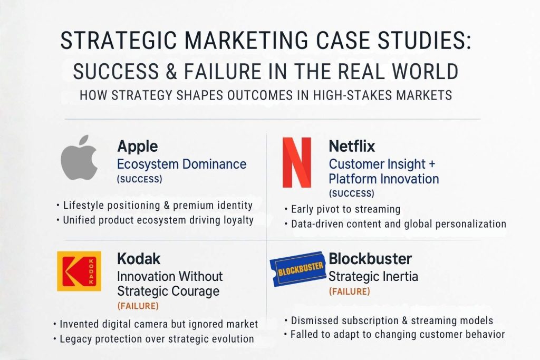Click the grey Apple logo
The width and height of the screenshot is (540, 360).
tap(79, 158)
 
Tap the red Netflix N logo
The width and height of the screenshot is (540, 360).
tap(296, 162)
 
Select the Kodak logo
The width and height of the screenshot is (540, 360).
tap(79, 271)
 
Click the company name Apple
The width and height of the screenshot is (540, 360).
tap(137, 145)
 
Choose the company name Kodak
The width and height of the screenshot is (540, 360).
tap(139, 259)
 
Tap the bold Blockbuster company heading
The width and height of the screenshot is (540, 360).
tap(370, 259)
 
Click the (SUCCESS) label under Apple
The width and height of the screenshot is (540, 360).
tap(139, 179)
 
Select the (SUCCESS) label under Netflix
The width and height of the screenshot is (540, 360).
tap(351, 193)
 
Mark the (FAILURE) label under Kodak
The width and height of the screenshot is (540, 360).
tap(138, 306)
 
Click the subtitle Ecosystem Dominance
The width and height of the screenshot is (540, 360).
tap(181, 164)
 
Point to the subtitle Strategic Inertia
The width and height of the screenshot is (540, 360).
tap(373, 276)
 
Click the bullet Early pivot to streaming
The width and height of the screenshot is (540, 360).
tap(345, 209)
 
